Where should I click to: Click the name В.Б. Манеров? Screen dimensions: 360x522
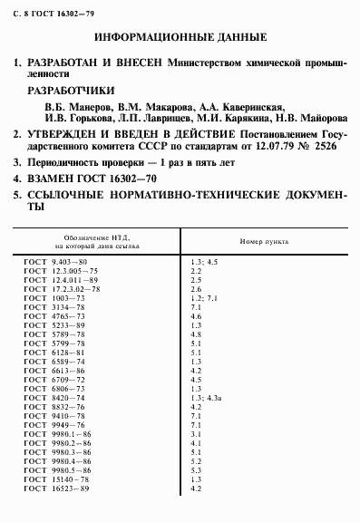pyautogui.click(x=74, y=106)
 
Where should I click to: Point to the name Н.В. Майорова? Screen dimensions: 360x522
pyautogui.click(x=306, y=118)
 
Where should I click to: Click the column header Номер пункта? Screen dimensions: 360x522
pyautogui.click(x=263, y=243)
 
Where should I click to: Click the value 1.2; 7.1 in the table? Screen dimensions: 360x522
pyautogui.click(x=203, y=298)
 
